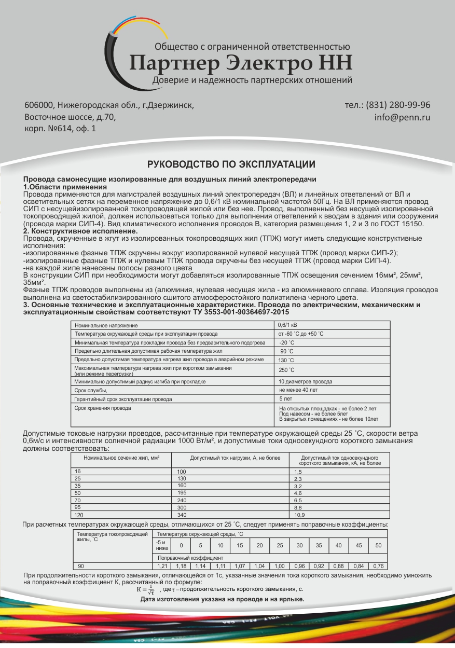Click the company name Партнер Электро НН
[241, 63]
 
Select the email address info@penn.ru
[402, 117]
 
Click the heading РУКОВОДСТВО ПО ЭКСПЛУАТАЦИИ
[231, 164]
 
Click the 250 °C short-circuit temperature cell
[286, 370]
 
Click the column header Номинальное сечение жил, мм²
[121, 458]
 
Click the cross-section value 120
[79, 515]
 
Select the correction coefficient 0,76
[378, 566]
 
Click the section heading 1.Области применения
[65, 186]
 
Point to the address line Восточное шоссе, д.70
[70, 117]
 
